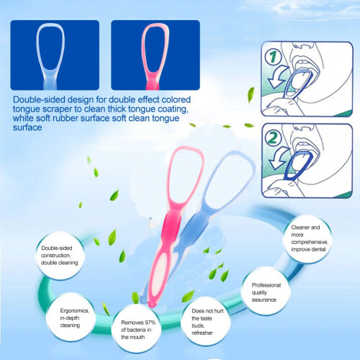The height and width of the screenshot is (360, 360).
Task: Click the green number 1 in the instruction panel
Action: pos(273,57)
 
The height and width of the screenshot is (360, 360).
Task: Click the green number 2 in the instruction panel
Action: pos(274,138)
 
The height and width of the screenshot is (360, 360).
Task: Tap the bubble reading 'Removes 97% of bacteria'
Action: pos(136,329)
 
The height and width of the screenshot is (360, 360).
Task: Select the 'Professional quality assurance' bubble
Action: pos(266,292)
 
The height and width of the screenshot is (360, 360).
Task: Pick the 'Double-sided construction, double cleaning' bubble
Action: pos(60,256)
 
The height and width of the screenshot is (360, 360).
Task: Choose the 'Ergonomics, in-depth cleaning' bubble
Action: pos(71,318)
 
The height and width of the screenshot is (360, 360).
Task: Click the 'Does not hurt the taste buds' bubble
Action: pos(206,321)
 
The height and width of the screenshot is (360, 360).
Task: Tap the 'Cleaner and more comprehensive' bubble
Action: pos(307,238)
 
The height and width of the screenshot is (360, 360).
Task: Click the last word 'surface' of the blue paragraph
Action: pos(27,127)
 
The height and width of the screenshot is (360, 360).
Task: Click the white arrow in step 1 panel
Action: pos(279,76)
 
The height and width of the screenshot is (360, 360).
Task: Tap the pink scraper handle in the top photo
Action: pos(153,82)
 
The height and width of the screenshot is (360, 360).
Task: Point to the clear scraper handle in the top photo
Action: pos(50,81)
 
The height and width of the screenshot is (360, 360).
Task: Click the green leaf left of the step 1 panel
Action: pos(251,94)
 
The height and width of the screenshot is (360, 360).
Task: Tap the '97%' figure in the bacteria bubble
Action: pos(149,323)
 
